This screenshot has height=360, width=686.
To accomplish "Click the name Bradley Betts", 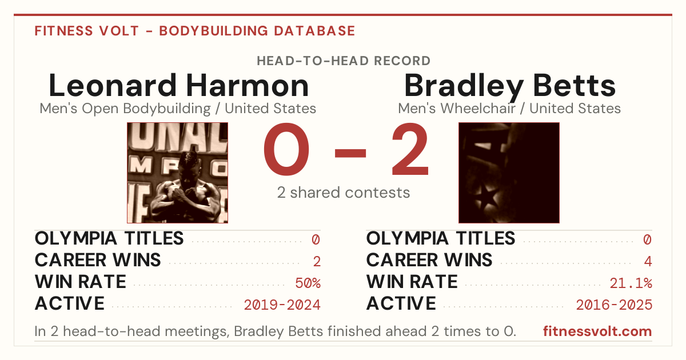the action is pyautogui.click(x=510, y=87).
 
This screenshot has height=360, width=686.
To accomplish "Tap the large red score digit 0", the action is pyautogui.click(x=286, y=149).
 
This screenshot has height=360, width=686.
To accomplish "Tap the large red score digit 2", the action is pyautogui.click(x=410, y=149).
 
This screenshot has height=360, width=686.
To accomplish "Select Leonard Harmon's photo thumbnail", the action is pyautogui.click(x=177, y=173).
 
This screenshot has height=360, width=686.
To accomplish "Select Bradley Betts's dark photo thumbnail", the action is pyautogui.click(x=509, y=173).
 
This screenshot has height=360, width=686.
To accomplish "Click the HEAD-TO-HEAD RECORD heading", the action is pyautogui.click(x=344, y=61).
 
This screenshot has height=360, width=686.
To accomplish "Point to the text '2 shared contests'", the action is pyautogui.click(x=344, y=193).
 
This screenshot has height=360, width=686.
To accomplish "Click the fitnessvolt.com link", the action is pyautogui.click(x=597, y=331).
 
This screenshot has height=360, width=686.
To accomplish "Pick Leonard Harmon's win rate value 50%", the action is pyautogui.click(x=308, y=283).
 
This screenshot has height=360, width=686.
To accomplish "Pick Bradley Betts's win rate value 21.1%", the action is pyautogui.click(x=631, y=283).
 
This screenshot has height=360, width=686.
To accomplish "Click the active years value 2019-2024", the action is pyautogui.click(x=282, y=305).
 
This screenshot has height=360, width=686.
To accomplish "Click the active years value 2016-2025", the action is pyautogui.click(x=614, y=305).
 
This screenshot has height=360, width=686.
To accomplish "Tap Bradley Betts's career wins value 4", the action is pyautogui.click(x=648, y=262).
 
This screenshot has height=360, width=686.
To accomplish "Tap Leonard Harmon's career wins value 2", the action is pyautogui.click(x=317, y=262).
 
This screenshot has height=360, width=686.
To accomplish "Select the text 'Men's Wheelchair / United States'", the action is pyautogui.click(x=509, y=109).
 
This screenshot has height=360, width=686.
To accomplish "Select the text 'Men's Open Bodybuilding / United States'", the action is pyautogui.click(x=178, y=109).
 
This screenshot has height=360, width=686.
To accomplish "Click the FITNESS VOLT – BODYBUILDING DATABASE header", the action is pyautogui.click(x=195, y=31).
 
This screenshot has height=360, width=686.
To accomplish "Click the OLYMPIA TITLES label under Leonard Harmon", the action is pyautogui.click(x=109, y=238).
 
